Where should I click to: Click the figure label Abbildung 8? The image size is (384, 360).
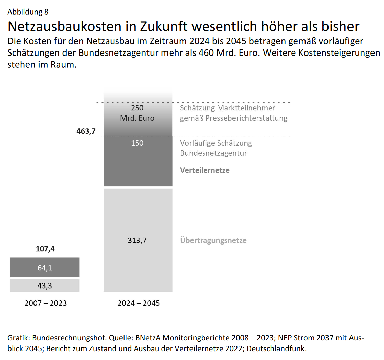[x=28, y=12]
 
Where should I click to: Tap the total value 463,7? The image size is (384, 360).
[x=86, y=131]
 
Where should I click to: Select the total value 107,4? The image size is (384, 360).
[x=45, y=249]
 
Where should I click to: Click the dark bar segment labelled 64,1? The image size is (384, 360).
[x=45, y=268]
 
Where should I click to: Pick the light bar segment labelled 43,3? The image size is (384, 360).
[x=45, y=285]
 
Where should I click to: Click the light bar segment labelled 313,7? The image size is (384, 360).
[x=138, y=240]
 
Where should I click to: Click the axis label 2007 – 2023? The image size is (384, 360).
[x=46, y=303]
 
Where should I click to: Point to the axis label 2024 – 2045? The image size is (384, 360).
[x=138, y=303]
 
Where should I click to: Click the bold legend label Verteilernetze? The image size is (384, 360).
[x=205, y=170]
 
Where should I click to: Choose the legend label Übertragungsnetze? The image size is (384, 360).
[x=213, y=241]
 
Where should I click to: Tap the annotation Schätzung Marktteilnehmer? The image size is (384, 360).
[x=227, y=108]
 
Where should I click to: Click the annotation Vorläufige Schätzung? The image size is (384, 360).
[x=216, y=143]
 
